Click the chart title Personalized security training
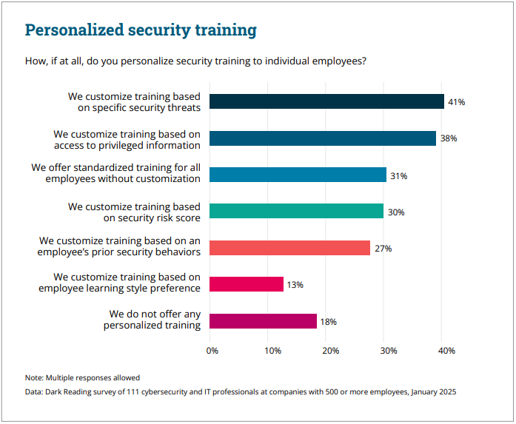click(x=141, y=30)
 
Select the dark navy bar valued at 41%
click(x=326, y=102)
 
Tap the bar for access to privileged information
click(x=323, y=138)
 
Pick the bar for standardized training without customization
click(x=298, y=175)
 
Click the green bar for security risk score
click(x=297, y=211)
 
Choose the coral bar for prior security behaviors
click(x=290, y=248)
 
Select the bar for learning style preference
click(x=247, y=284)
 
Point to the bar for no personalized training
click(x=263, y=321)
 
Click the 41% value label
click(x=456, y=102)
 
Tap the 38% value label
click(x=448, y=138)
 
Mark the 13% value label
click(x=295, y=284)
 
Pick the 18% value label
click(x=329, y=321)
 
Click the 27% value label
click(x=383, y=248)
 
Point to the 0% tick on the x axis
click(x=212, y=350)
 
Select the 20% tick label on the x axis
click(x=330, y=350)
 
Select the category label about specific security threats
click(x=134, y=102)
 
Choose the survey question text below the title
click(x=195, y=61)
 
